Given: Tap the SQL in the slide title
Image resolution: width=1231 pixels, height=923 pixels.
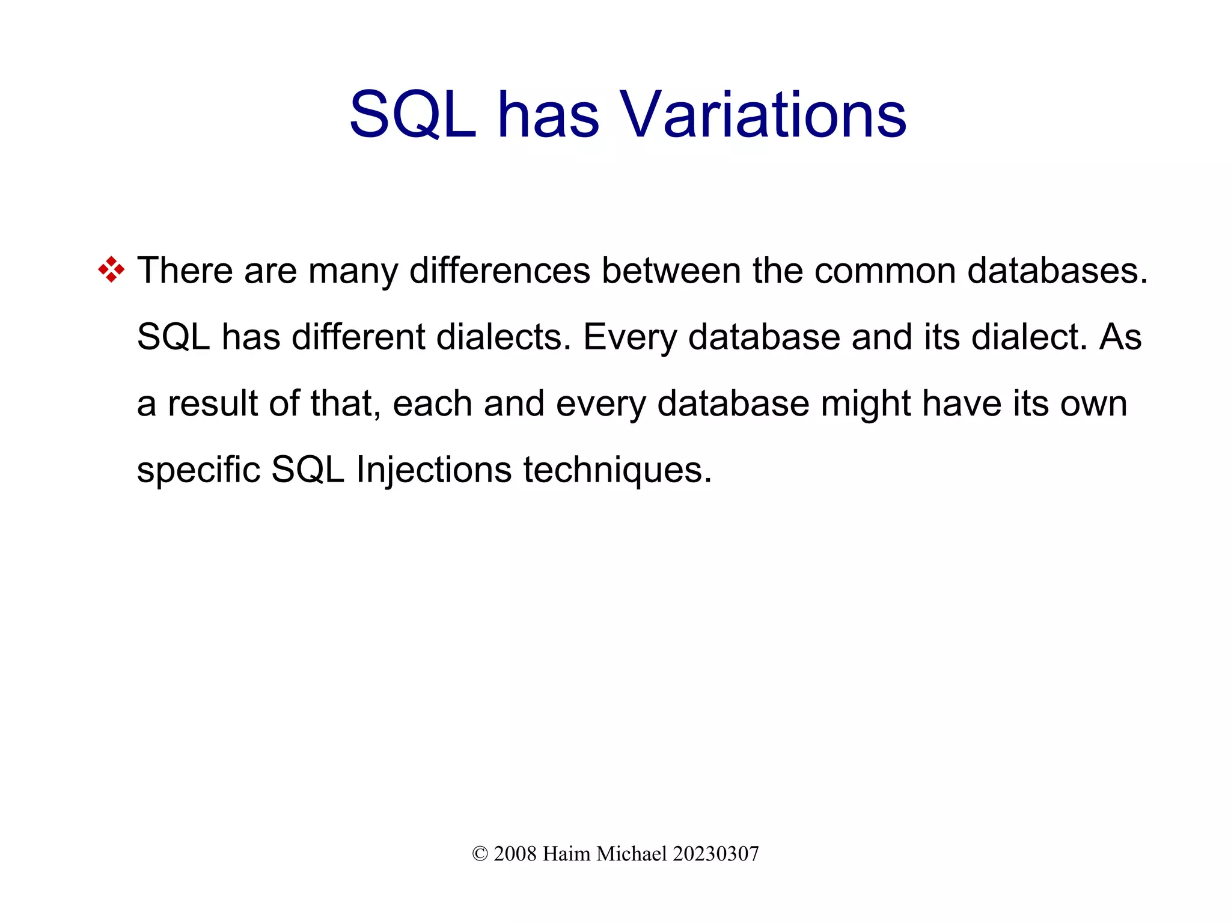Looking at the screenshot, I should pyautogui.click(x=412, y=114).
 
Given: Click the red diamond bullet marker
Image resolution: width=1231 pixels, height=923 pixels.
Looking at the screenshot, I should pyautogui.click(x=111, y=269).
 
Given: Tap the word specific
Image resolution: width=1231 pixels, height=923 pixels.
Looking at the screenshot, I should pyautogui.click(x=198, y=470).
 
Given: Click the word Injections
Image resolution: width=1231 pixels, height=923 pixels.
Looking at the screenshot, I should pyautogui.click(x=433, y=470).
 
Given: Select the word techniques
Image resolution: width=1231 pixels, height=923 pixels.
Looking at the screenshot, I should pyautogui.click(x=617, y=470).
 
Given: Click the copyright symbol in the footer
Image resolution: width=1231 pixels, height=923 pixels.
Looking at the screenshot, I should pyautogui.click(x=480, y=854).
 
